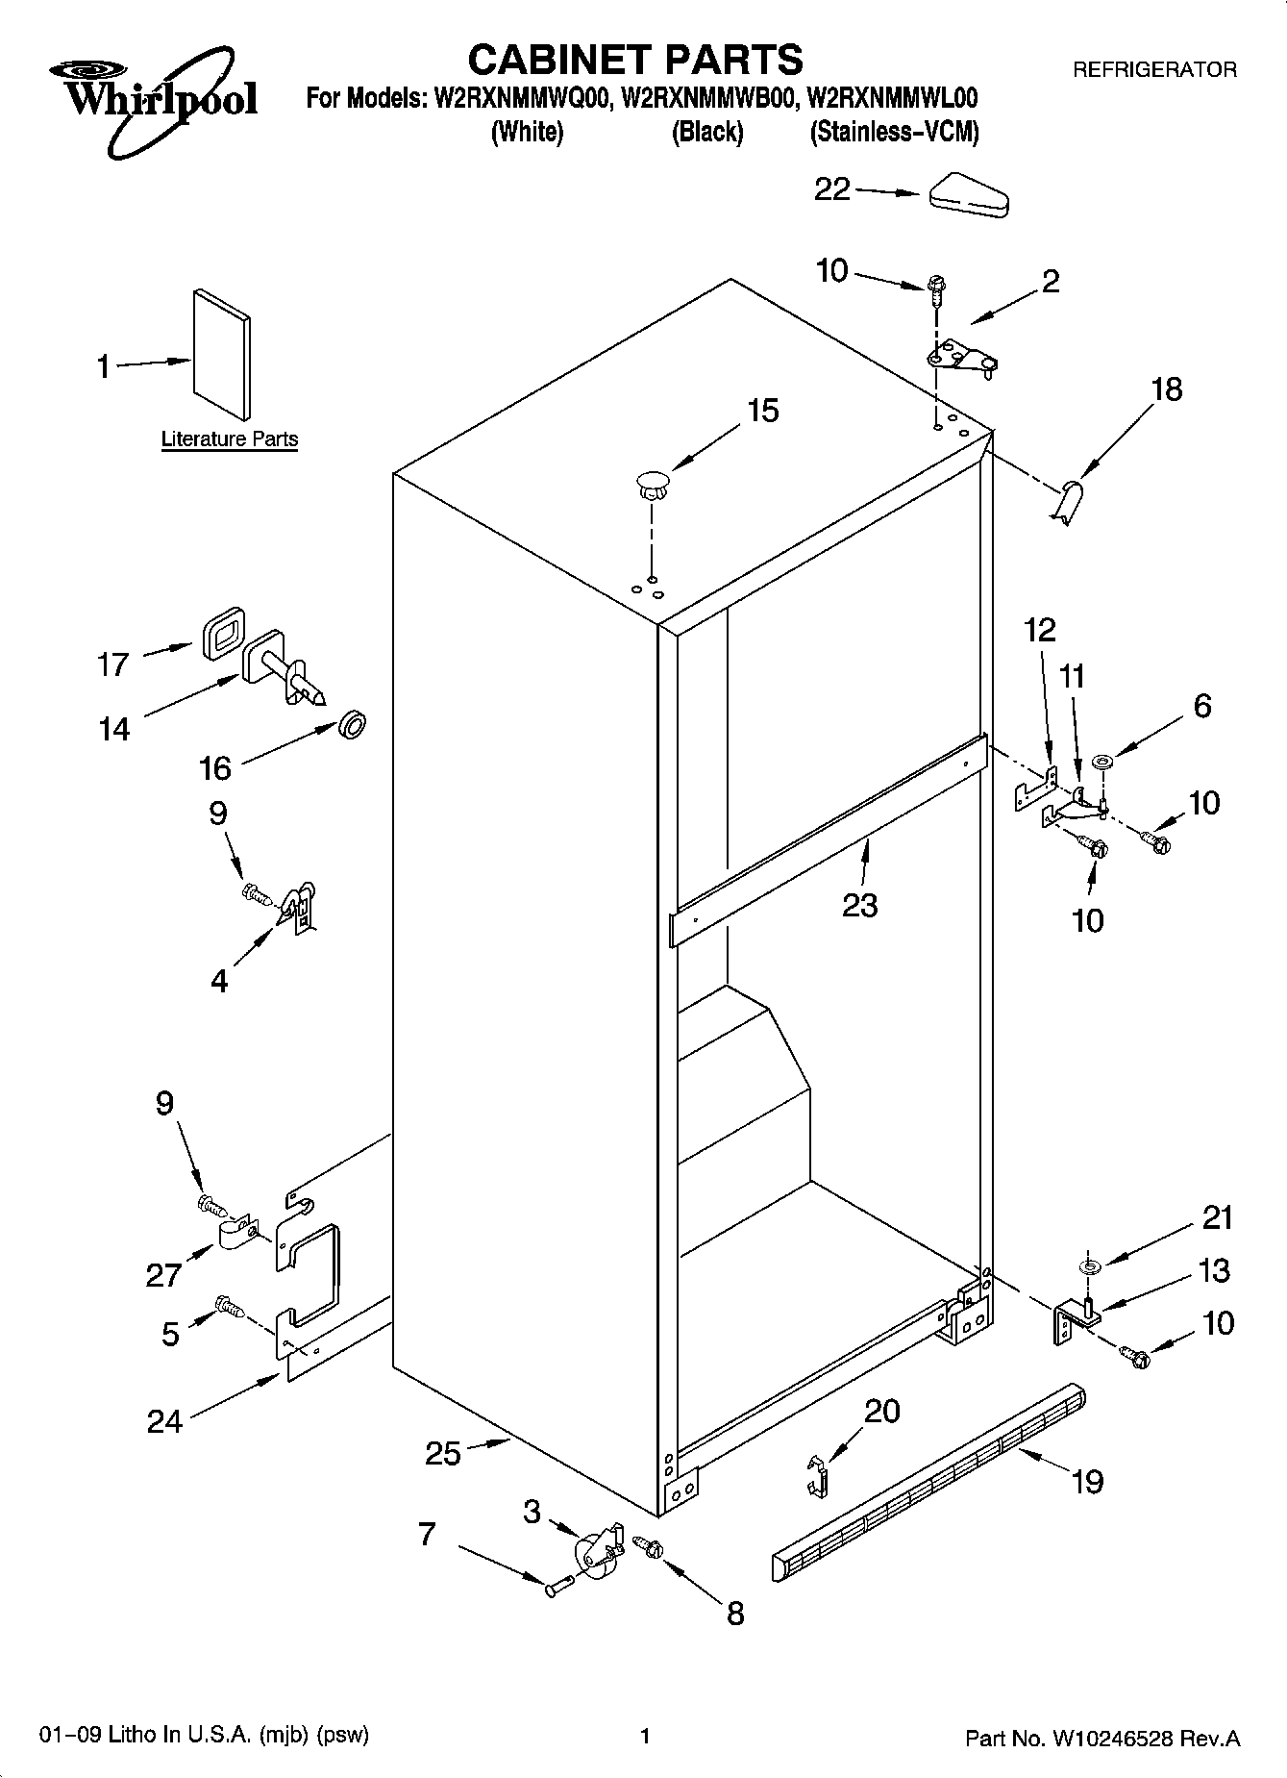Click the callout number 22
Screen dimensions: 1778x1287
(x=831, y=189)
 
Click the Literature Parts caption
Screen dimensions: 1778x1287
(x=229, y=439)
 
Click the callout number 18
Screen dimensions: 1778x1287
(x=1166, y=389)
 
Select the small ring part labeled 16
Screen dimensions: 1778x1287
(x=353, y=725)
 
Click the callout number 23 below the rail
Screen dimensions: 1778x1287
(x=859, y=905)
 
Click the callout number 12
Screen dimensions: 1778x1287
(x=1039, y=630)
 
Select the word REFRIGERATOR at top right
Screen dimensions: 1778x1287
(x=1153, y=70)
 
